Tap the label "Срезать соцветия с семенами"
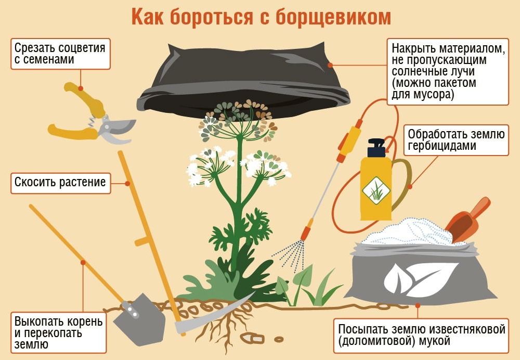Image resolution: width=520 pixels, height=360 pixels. coord(60,54)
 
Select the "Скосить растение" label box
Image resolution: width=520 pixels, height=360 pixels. coord(61,183)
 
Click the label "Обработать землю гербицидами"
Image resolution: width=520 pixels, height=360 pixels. coord(456,140)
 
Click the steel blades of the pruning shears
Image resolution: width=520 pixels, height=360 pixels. coord(117,130)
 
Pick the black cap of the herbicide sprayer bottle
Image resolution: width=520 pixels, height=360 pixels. coord(376,148)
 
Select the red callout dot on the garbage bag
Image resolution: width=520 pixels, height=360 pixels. coord(330,66)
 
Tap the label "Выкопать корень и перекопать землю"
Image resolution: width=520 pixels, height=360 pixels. coord(59,332)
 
